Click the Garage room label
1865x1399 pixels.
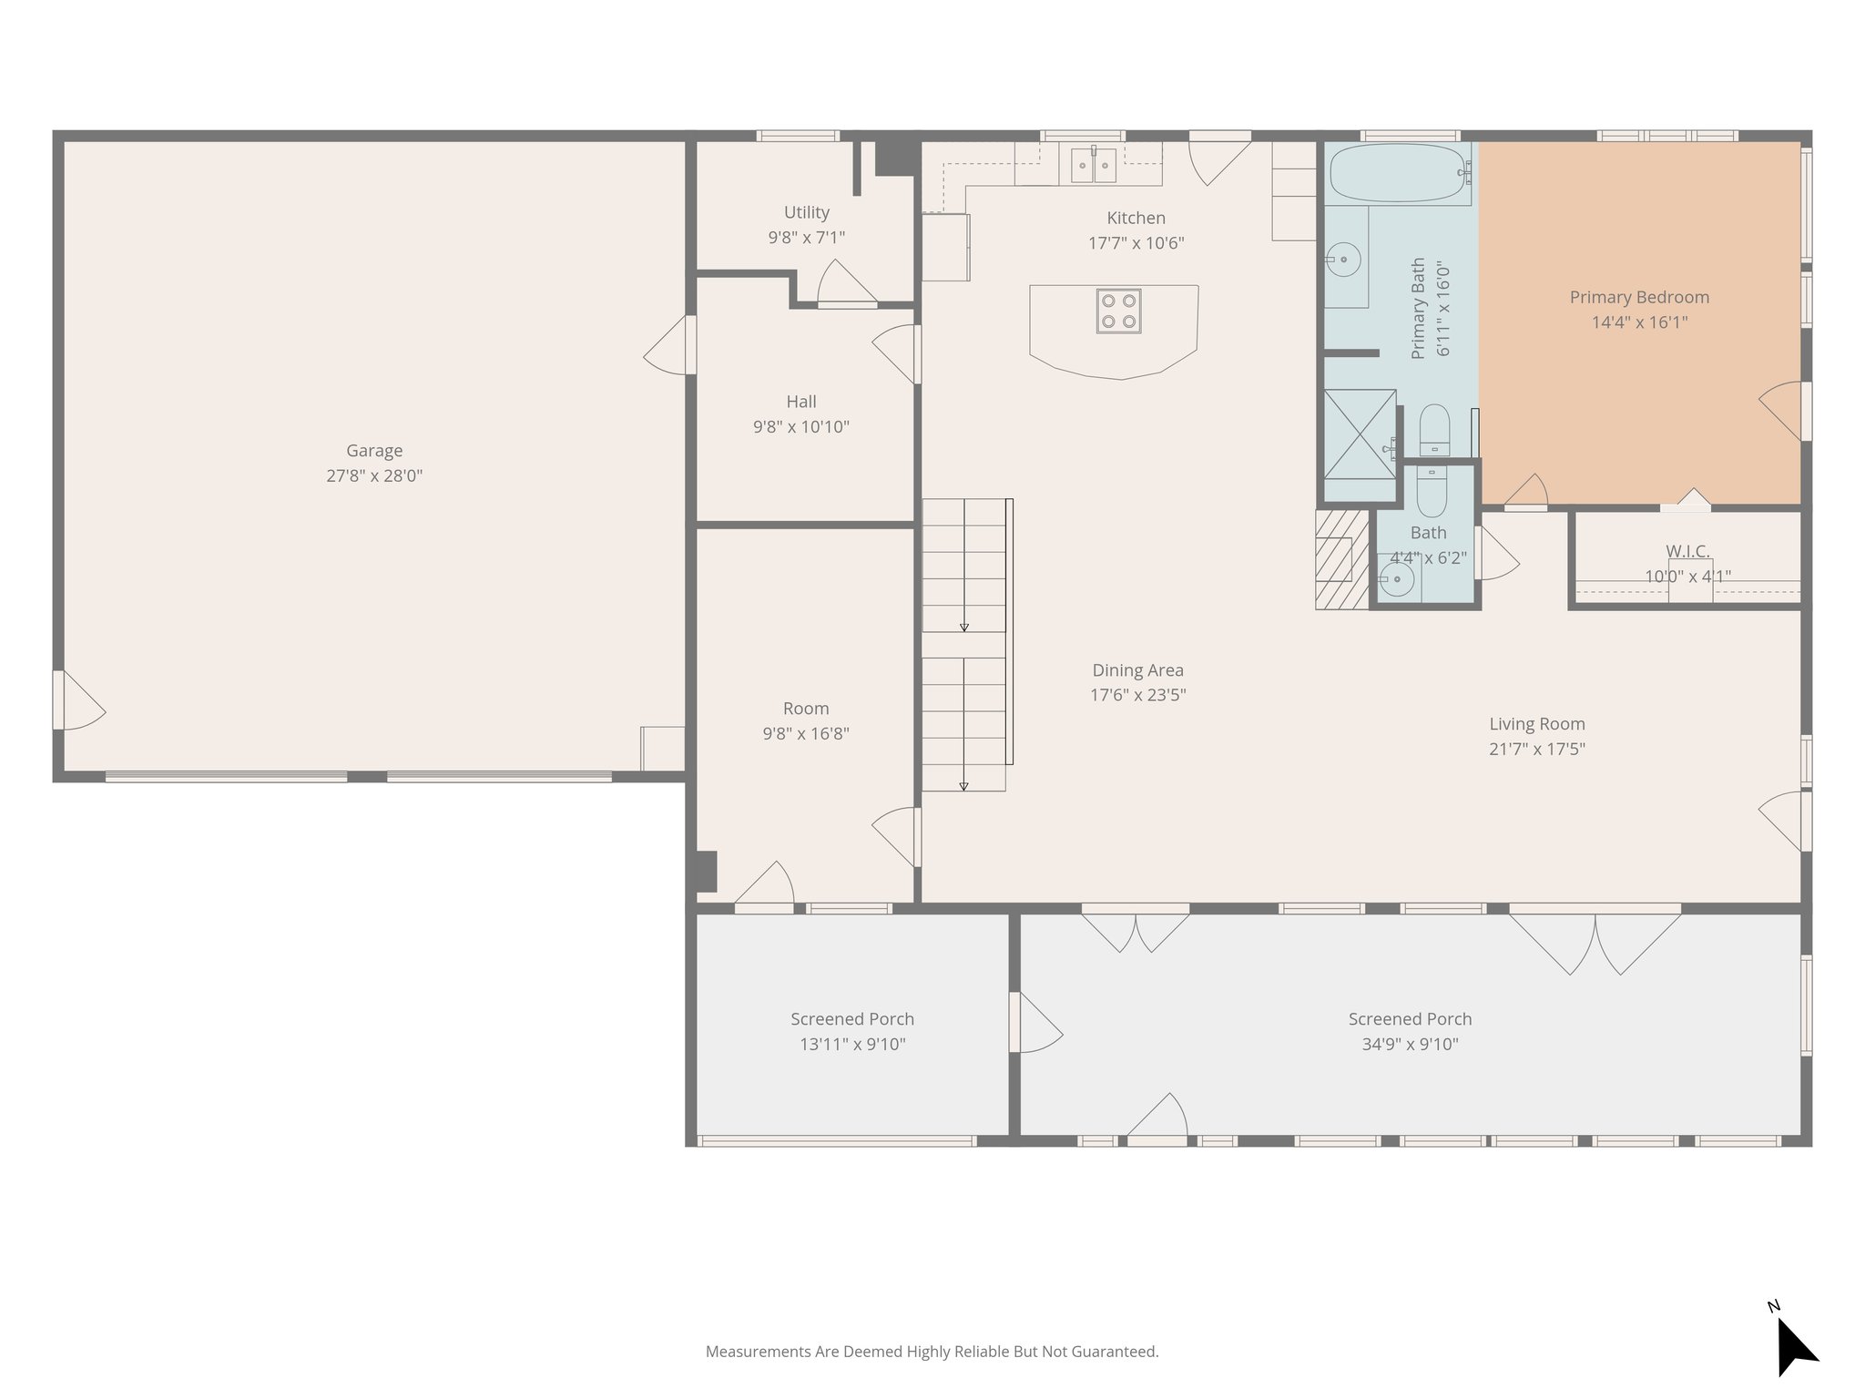click(374, 450)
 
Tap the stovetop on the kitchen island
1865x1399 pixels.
click(1118, 311)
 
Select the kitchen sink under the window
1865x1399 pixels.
click(1093, 165)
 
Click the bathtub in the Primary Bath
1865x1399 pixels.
click(1398, 172)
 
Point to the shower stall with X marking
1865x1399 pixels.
click(1360, 434)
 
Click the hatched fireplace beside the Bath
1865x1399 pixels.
click(1341, 559)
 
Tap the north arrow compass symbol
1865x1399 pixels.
click(1795, 1348)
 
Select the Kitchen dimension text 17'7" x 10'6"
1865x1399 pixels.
click(1136, 243)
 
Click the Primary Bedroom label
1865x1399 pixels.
click(1638, 297)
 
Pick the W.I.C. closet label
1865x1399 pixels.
click(1687, 551)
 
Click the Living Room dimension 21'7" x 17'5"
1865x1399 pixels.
click(1536, 750)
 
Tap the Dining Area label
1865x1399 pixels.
click(1137, 670)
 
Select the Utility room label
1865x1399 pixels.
click(806, 212)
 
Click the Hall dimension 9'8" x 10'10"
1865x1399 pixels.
click(800, 426)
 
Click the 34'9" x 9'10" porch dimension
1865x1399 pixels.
click(1409, 1045)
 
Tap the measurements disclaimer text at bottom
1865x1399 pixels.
click(932, 1352)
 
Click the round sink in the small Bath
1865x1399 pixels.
click(1395, 577)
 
